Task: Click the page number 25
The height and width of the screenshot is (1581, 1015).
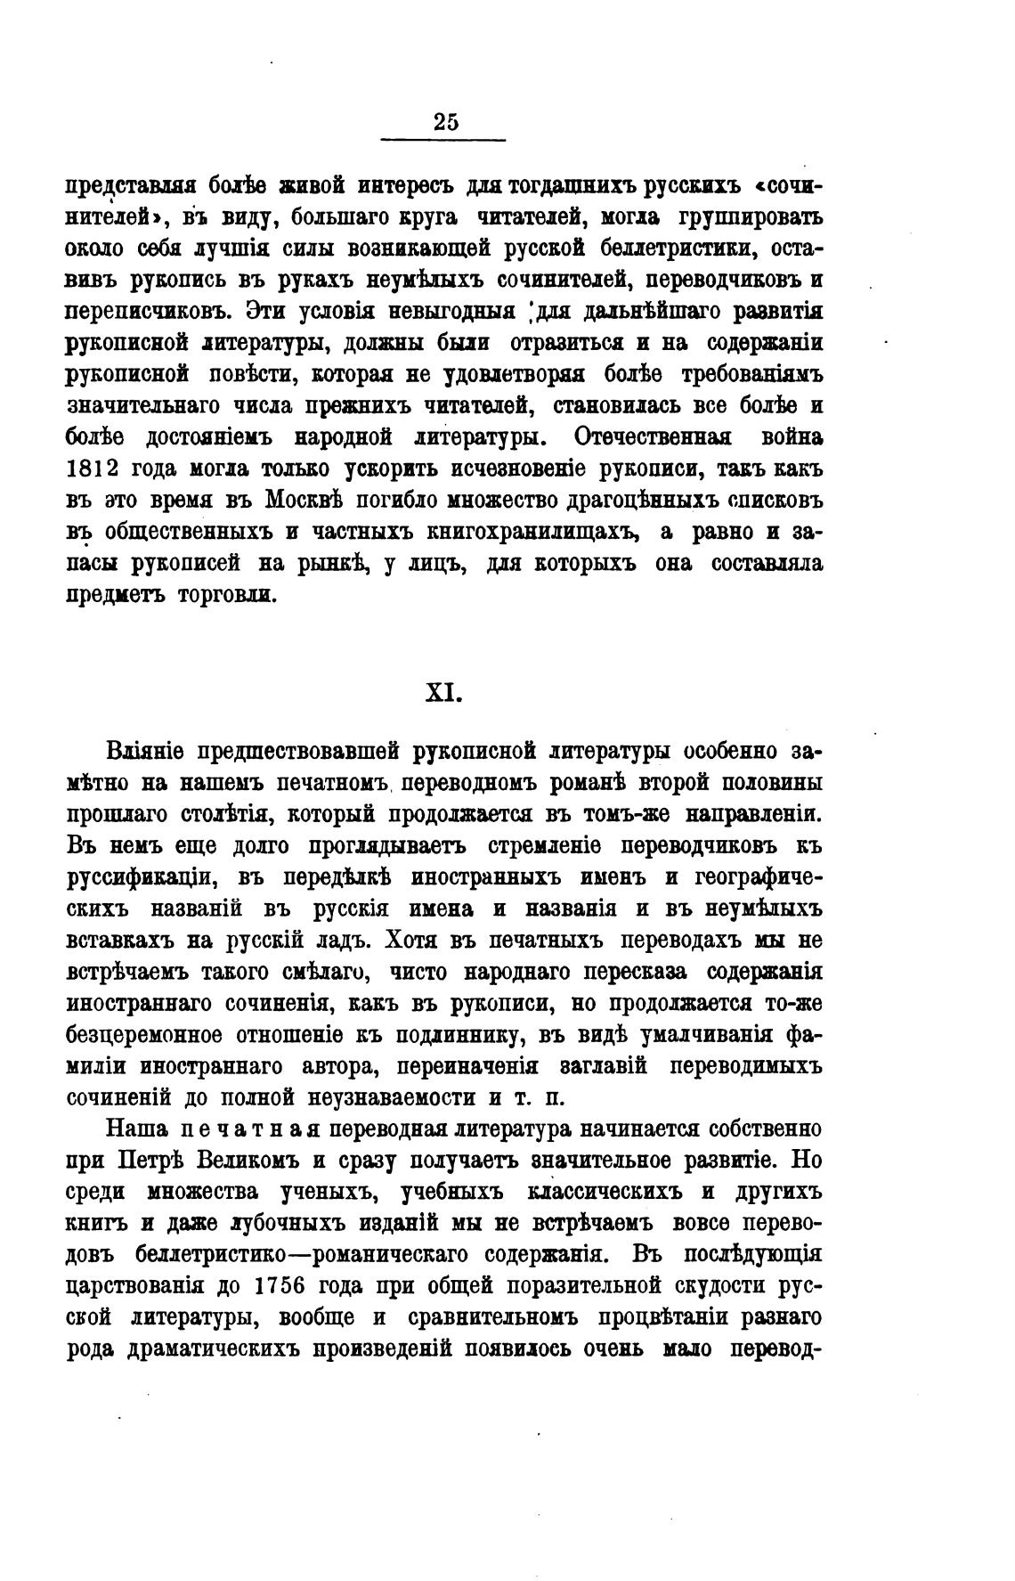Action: tap(445, 123)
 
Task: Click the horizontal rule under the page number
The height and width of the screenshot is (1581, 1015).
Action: tap(443, 140)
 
